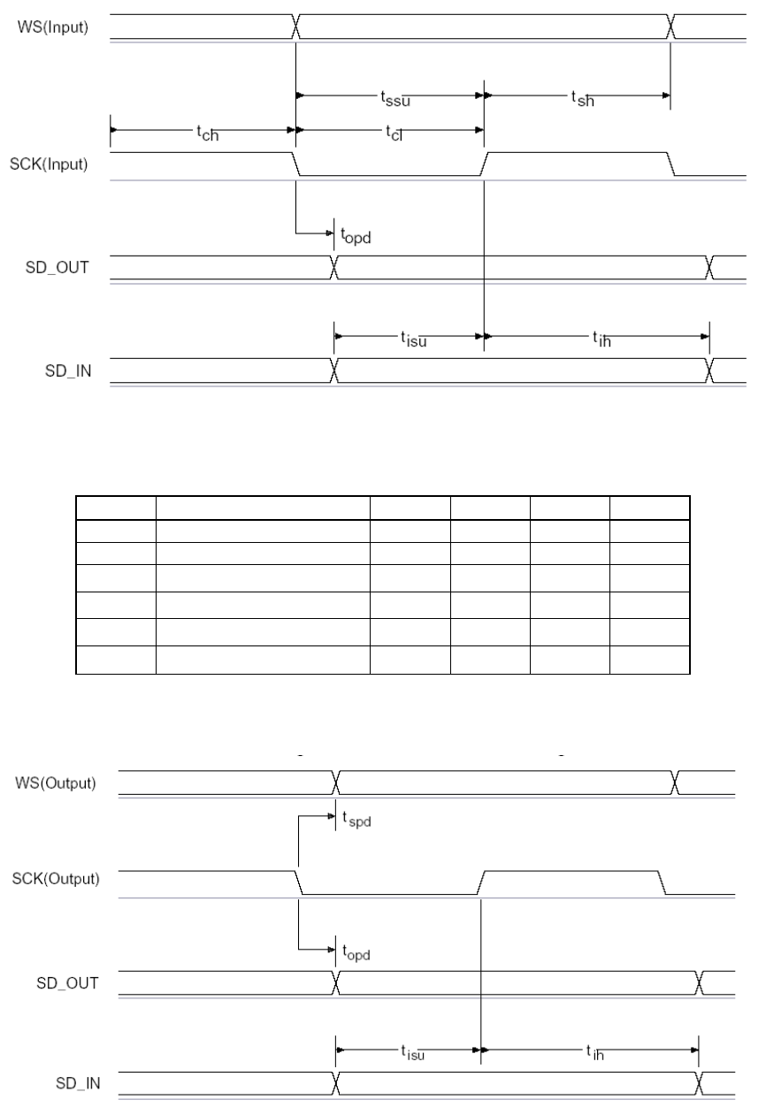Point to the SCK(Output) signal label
coord(59,879)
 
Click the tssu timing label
coord(392,98)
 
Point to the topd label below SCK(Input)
coord(356,236)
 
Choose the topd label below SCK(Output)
coord(356,953)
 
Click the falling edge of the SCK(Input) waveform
coord(300,163)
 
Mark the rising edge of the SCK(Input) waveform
coord(486,163)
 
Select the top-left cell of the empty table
coord(116,508)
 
